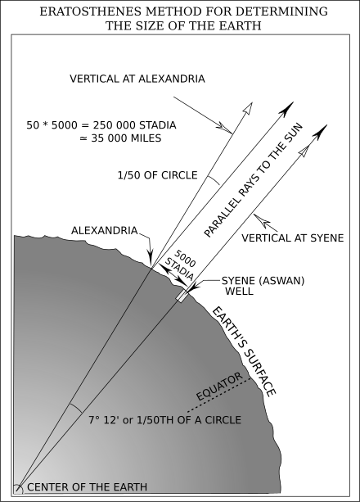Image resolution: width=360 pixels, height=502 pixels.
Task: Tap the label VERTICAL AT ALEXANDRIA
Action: click(x=137, y=79)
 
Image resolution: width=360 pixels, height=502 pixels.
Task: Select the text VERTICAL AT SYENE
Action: click(x=292, y=237)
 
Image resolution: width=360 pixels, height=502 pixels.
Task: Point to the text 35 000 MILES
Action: click(x=126, y=138)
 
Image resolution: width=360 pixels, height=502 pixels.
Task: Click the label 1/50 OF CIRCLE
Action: click(x=157, y=175)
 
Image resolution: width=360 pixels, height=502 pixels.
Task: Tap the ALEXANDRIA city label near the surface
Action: click(x=105, y=230)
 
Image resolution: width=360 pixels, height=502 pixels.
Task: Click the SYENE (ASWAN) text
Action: click(x=263, y=281)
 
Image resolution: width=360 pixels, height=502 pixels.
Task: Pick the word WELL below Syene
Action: click(x=239, y=291)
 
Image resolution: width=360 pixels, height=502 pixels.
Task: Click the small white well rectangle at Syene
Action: click(x=182, y=295)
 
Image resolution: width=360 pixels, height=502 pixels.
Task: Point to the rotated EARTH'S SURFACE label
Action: click(x=244, y=351)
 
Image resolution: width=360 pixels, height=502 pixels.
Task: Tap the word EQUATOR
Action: click(x=219, y=387)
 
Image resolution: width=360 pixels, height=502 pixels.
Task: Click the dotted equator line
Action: click(x=219, y=396)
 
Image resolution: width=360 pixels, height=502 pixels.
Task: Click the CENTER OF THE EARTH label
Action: click(x=87, y=487)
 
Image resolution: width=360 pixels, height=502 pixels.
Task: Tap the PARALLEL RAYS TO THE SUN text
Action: click(x=253, y=180)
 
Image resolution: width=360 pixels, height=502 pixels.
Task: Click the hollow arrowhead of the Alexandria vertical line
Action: click(x=248, y=108)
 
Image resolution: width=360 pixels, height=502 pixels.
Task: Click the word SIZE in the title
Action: click(x=155, y=25)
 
